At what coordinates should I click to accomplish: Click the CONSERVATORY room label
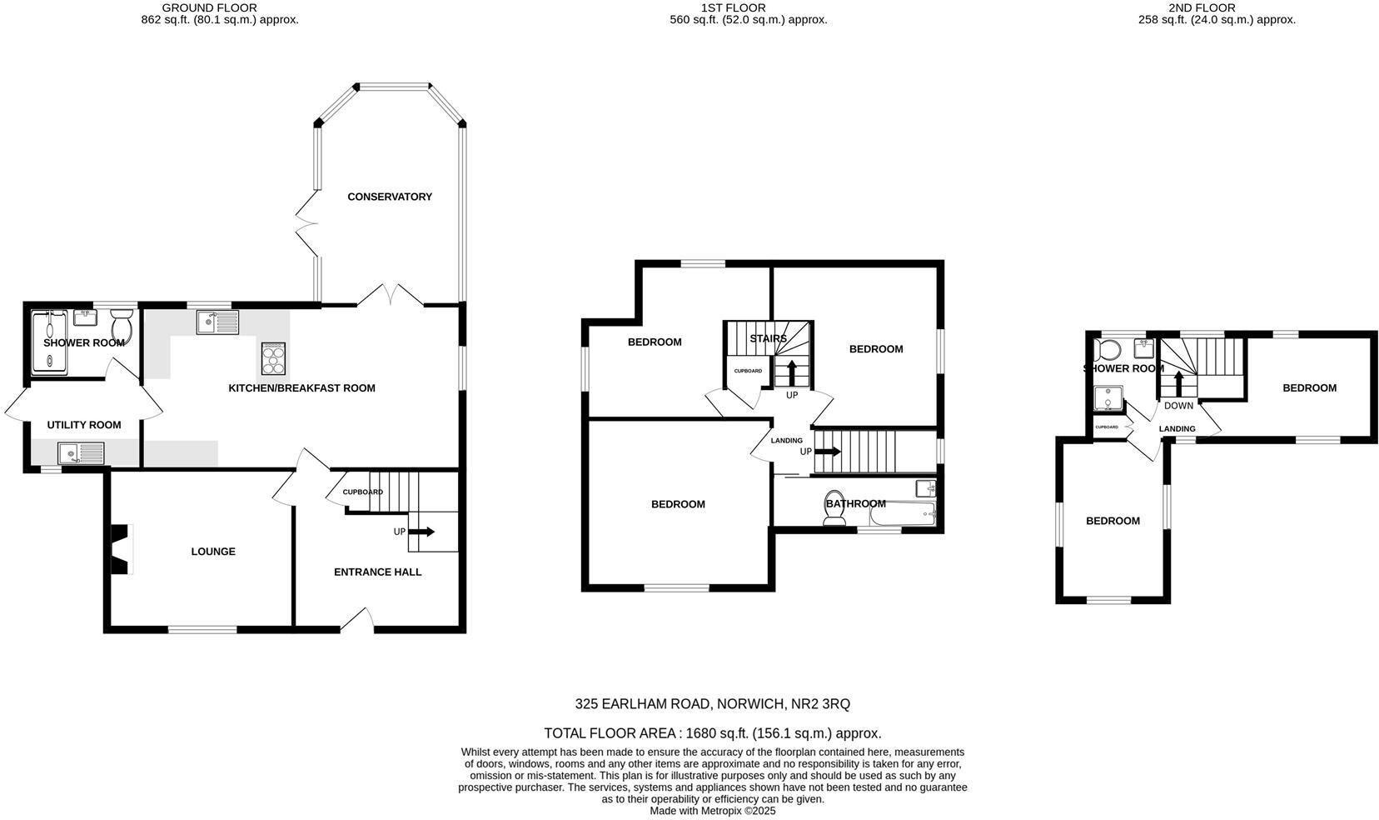(x=389, y=197)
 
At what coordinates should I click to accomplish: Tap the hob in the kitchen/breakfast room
(x=273, y=359)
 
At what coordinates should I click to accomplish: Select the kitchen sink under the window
(x=217, y=322)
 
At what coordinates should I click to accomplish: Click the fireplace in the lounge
(x=122, y=549)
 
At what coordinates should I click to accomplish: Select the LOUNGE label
(x=213, y=551)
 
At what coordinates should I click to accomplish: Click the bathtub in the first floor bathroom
(x=903, y=516)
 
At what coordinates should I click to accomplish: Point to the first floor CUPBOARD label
(x=747, y=371)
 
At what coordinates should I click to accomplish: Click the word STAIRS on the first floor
(x=768, y=338)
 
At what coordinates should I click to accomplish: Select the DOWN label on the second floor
(x=1177, y=406)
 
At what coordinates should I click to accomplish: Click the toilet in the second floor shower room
(x=1110, y=348)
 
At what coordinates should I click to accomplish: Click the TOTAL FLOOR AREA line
(x=712, y=733)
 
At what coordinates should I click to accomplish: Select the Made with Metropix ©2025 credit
(x=712, y=810)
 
